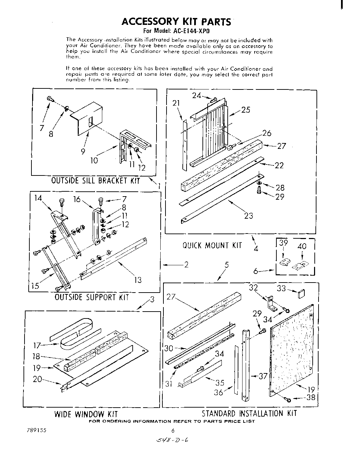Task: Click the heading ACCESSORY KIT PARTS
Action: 176,22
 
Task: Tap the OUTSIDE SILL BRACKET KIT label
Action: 95,181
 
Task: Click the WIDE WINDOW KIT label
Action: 86,414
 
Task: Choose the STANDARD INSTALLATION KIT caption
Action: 249,413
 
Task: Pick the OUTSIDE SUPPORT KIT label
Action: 92,297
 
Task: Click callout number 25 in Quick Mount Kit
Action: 246,110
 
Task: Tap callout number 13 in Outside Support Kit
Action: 138,280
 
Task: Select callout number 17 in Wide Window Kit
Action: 37,345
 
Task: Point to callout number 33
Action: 281,288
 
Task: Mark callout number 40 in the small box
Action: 302,247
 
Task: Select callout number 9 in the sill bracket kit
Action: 83,151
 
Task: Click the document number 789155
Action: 36,431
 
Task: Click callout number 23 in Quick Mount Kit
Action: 248,216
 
